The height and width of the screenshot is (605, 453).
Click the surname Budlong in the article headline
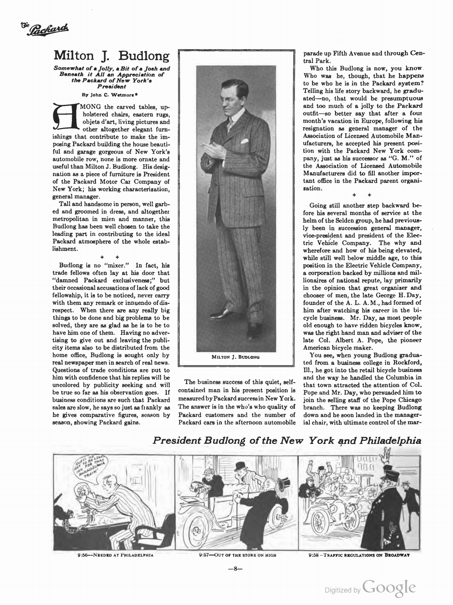(144, 56)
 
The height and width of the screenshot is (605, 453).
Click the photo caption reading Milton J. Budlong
(236, 357)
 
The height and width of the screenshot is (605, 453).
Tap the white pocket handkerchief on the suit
(245, 141)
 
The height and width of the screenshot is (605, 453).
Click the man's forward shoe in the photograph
(222, 313)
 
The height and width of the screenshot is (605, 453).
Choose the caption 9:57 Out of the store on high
(237, 555)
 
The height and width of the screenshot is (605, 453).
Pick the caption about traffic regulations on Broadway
(359, 555)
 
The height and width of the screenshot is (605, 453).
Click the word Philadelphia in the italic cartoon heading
(390, 441)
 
